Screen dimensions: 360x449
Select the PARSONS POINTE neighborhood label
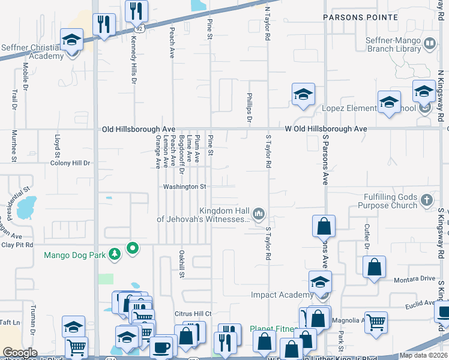tap(360, 17)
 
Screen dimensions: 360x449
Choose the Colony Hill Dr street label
tap(70, 163)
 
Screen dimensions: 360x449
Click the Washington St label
tap(185, 187)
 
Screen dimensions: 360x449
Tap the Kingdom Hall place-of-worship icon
tap(259, 213)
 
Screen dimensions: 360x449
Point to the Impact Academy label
tap(282, 295)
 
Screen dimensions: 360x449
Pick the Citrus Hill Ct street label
tap(193, 313)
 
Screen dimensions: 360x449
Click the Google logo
tap(20, 353)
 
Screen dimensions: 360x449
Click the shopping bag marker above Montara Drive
tap(374, 267)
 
